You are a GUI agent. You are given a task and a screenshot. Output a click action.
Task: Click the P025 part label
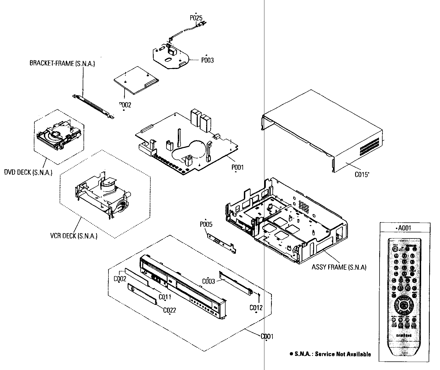click(x=196, y=18)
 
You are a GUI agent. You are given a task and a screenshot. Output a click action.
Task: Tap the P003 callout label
click(x=208, y=60)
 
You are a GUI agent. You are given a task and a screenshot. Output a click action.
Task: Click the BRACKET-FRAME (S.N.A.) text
click(x=62, y=63)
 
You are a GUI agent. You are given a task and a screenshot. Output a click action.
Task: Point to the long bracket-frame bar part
click(x=93, y=106)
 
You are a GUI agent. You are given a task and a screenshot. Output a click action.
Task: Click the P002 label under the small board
click(x=125, y=105)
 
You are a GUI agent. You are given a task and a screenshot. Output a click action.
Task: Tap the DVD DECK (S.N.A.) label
click(x=28, y=172)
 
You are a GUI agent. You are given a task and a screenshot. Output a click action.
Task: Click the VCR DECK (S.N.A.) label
click(x=74, y=236)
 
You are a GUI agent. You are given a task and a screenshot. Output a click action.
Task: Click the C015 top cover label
click(x=362, y=174)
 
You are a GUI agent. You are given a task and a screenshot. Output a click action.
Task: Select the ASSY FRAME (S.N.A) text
click(x=339, y=267)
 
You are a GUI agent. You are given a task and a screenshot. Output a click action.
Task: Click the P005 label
click(x=206, y=224)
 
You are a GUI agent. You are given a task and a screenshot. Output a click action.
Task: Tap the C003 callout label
click(x=208, y=281)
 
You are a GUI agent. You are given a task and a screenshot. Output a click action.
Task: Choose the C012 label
click(x=256, y=307)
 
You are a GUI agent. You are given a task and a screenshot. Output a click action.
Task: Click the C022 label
click(x=170, y=310)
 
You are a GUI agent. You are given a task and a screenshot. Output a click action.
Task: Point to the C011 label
click(x=165, y=297)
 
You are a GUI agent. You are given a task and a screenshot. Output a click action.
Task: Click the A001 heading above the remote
click(x=404, y=228)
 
